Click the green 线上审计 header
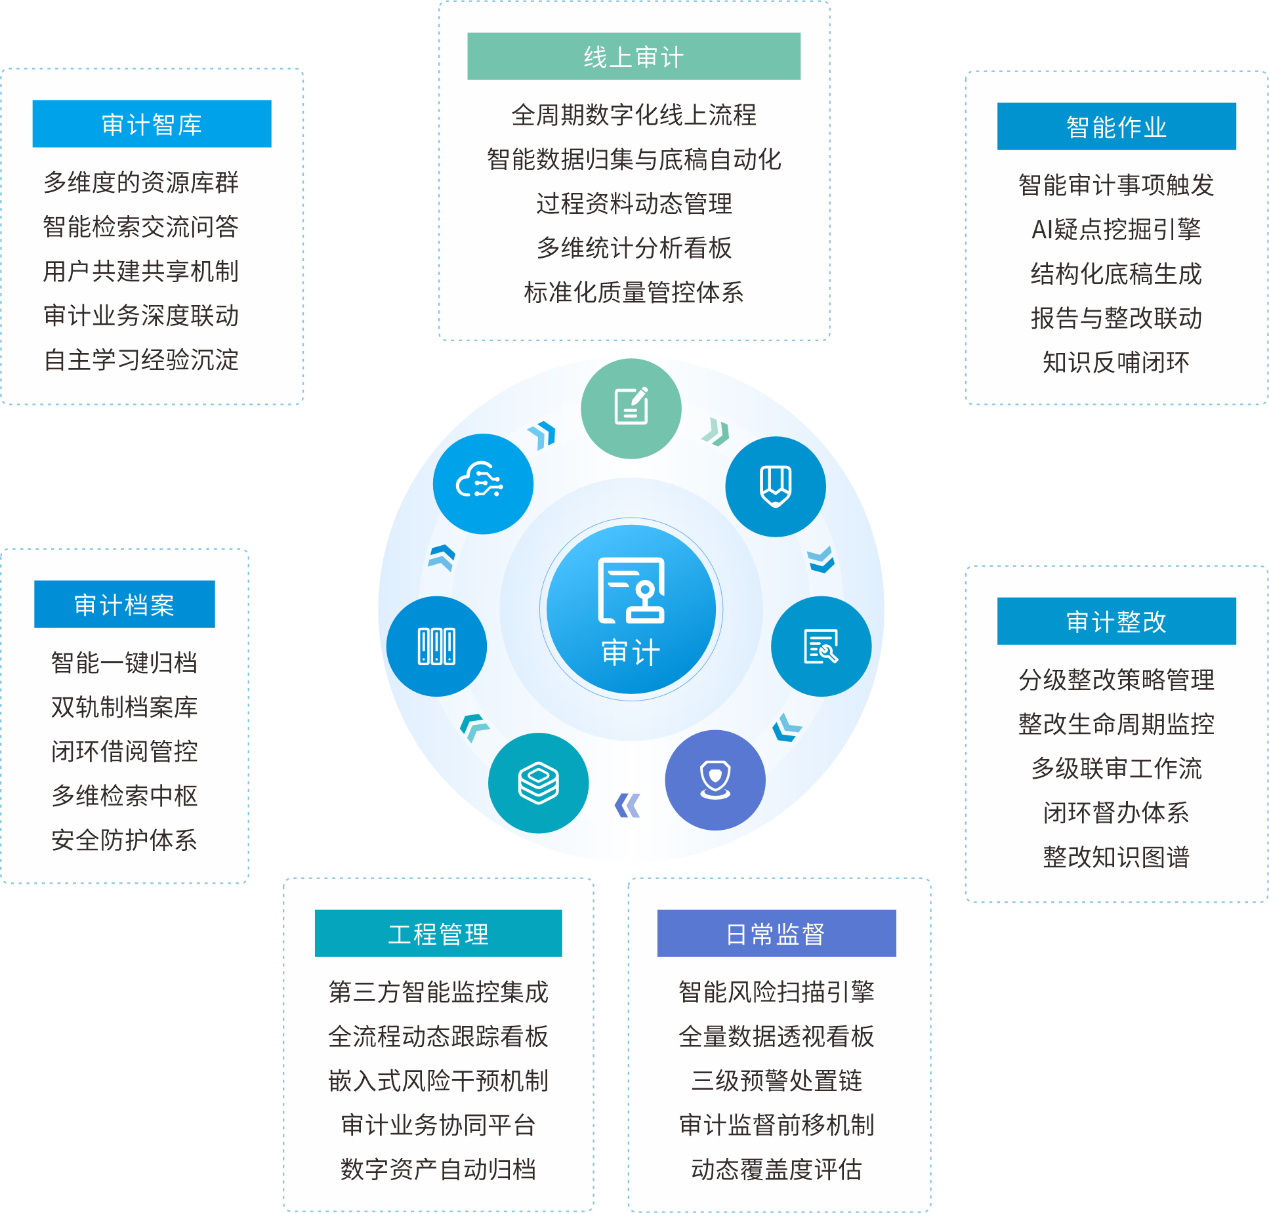pos(633,56)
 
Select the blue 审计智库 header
pos(152,124)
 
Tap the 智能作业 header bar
pos(1116,127)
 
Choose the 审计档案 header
pos(124,604)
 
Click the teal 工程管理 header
pos(438,934)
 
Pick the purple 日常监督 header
pos(776,934)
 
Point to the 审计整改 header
pos(1116,621)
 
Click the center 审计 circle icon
pos(631,609)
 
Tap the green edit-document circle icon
pos(631,407)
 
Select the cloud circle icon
pos(483,484)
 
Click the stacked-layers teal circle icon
pos(539,783)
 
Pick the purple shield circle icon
pos(715,780)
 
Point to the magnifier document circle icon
pos(821,646)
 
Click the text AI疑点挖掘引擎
pos(1116,230)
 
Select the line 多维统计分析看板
pos(634,248)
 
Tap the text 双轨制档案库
pos(124,707)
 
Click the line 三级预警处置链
pos(776,1080)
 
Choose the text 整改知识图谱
pos(1116,857)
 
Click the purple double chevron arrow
pos(628,806)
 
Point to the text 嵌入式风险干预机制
pos(438,1080)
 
